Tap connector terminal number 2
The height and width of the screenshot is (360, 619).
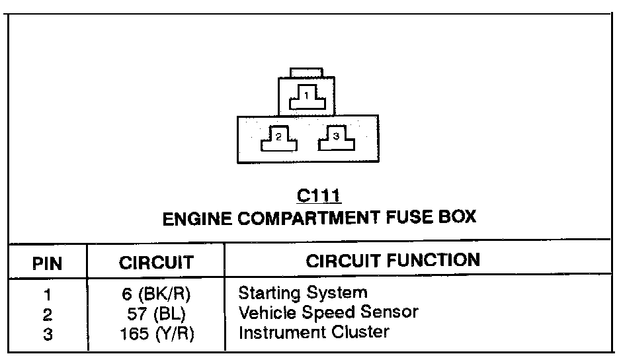[x=278, y=138]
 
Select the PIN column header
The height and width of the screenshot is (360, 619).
[x=47, y=263]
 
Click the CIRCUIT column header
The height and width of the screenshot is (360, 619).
[x=156, y=263]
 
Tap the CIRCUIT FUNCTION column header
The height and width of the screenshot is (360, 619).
[x=393, y=260]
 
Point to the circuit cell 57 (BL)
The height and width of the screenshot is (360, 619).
[x=157, y=313]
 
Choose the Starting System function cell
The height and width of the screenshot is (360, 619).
[x=302, y=292]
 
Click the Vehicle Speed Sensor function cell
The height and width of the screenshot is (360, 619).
[x=328, y=311]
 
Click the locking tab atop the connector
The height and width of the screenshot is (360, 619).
[x=306, y=72]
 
